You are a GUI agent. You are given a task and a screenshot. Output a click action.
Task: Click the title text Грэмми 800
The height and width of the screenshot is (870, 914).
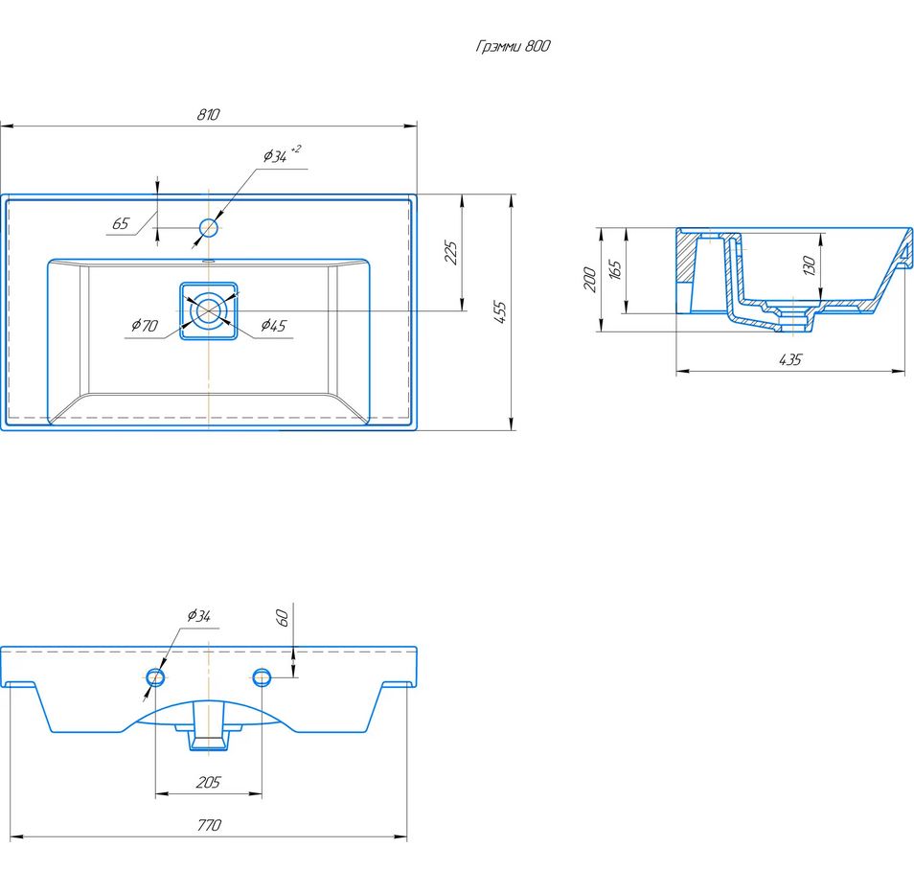[513, 46]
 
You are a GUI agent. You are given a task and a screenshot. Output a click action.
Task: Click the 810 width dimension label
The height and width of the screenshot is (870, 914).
[208, 114]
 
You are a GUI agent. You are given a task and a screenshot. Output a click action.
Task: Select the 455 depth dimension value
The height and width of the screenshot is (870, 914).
[501, 312]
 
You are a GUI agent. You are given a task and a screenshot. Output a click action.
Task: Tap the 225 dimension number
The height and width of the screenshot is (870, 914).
[451, 253]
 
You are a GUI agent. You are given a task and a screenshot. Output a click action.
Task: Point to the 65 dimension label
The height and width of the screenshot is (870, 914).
[120, 223]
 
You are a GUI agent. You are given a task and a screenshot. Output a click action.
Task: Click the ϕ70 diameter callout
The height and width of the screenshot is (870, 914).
[145, 325]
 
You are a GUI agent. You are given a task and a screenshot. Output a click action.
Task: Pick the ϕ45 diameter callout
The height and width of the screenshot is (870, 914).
[273, 326]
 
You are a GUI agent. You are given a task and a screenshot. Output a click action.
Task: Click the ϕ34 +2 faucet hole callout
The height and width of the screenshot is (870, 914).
[282, 154]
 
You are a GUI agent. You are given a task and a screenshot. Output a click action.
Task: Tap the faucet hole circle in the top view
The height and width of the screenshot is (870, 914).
[209, 227]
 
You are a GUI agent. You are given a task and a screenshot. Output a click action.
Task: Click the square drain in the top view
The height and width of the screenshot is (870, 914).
[209, 310]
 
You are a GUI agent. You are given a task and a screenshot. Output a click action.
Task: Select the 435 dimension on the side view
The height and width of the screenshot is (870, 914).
[790, 359]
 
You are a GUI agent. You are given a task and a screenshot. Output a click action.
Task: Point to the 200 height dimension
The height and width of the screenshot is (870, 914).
[590, 280]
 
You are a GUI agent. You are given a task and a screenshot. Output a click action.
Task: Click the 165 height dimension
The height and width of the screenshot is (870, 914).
[615, 270]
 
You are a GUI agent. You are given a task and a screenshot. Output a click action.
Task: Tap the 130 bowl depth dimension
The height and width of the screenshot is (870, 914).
[810, 266]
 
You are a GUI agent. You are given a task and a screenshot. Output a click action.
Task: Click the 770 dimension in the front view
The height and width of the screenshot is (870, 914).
[209, 825]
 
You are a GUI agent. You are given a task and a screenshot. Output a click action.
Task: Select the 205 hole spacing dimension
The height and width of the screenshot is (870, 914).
[208, 782]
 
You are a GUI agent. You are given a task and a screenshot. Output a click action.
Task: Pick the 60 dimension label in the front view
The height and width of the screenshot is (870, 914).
[282, 617]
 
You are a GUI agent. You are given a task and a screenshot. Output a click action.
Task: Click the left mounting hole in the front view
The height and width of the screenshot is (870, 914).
[155, 677]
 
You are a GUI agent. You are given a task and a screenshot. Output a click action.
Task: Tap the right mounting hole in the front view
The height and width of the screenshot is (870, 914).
[262, 677]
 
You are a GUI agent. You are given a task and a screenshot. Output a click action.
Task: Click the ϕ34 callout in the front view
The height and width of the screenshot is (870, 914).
[198, 615]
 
